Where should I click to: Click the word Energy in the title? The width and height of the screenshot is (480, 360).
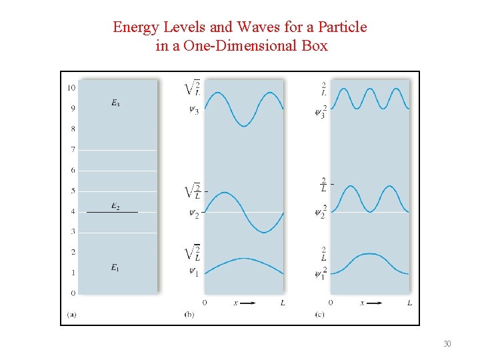135,27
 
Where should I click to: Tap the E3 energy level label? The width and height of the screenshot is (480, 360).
115,103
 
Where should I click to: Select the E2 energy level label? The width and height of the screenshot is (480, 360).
115,207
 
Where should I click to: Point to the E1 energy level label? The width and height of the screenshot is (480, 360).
115,267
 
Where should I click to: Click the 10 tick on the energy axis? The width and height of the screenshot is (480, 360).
71,88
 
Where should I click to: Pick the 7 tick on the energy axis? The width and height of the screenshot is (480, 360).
73,149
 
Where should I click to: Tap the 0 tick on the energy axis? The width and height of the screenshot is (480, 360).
73,293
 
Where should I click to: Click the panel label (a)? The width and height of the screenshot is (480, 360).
71,314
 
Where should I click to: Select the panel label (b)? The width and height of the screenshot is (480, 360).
189,314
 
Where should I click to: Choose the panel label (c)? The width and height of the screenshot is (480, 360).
319,314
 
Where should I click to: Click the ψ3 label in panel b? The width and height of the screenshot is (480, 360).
193,110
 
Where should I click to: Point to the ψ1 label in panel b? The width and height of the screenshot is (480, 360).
193,272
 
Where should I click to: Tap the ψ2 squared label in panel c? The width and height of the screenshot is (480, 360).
321,212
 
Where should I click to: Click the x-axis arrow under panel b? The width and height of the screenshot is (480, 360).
247,303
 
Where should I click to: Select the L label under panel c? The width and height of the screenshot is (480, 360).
409,303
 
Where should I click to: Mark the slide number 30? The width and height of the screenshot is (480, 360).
447,344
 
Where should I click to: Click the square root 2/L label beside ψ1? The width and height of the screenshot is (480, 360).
193,253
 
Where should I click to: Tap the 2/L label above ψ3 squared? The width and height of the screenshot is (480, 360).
323,88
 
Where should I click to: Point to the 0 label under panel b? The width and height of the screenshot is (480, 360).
205,303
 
